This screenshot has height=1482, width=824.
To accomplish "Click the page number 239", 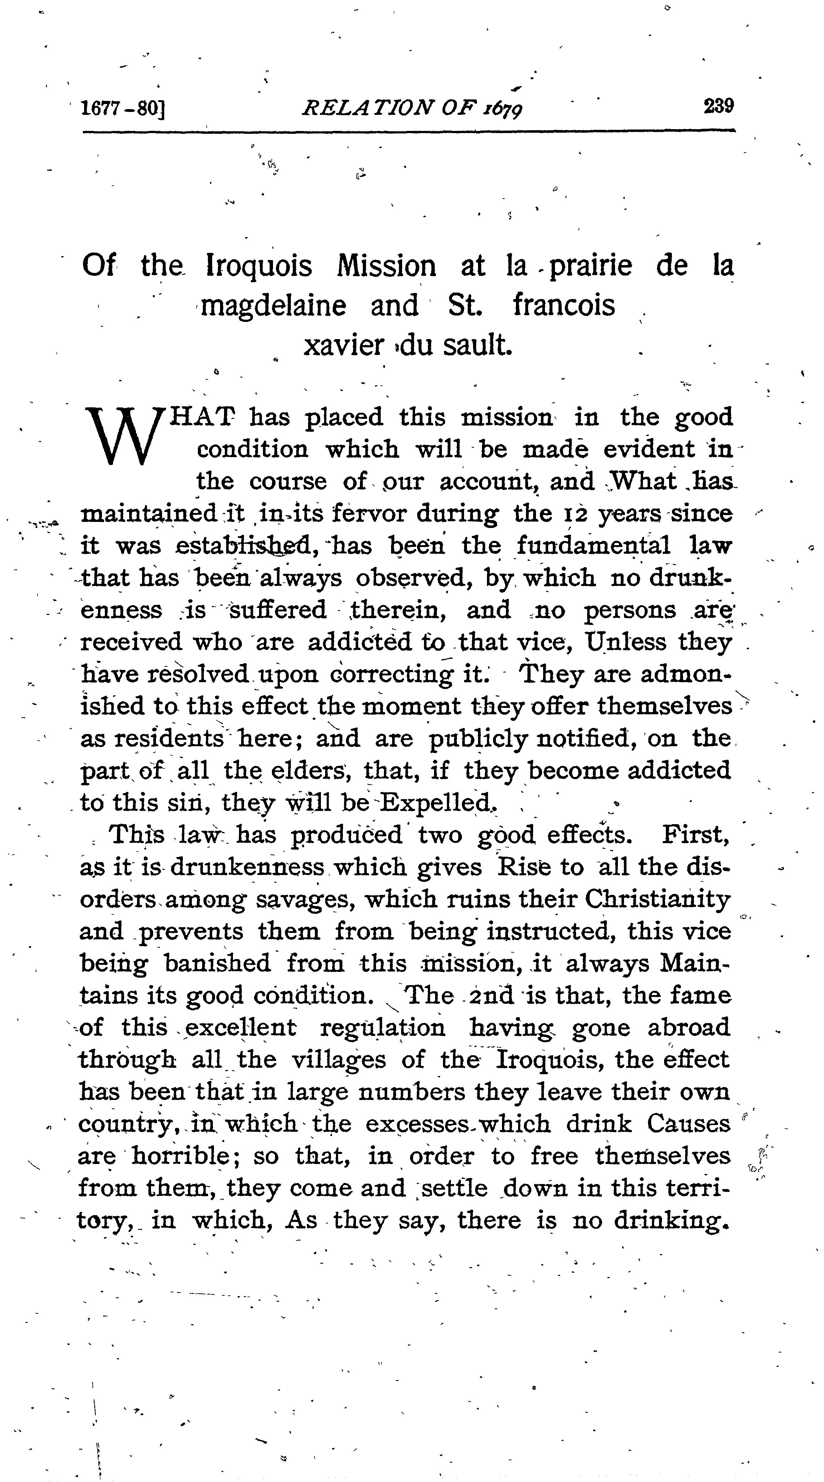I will coord(718,107).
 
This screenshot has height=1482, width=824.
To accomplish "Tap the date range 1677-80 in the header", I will coord(123,108).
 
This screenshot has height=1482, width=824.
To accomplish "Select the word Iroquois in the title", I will coord(259,266).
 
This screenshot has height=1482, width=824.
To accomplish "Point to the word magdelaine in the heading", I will coord(273,305).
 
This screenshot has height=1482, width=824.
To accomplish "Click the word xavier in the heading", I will coord(343,345).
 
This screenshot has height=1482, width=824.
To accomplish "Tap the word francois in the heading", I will coord(564,305).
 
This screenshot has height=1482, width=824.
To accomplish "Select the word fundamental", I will coord(593,546).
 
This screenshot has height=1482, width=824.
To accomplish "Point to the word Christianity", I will coord(657,899).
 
